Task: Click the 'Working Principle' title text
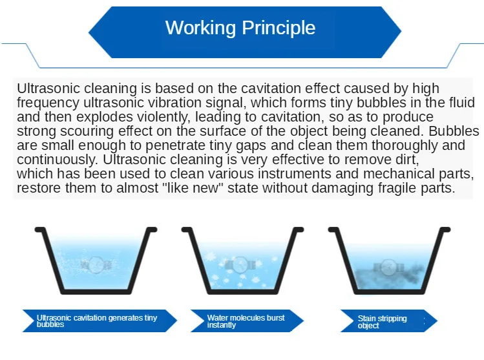240,28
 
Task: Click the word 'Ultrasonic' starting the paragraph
45,89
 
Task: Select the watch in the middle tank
240,264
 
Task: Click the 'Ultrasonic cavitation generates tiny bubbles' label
97,321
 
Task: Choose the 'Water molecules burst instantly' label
246,321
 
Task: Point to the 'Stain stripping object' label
383,322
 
